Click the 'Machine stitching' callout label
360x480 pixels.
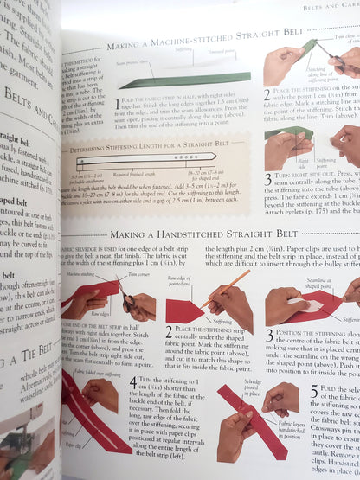(83, 273)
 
